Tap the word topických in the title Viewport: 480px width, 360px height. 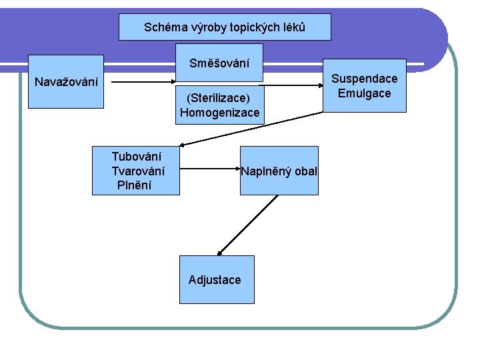(252, 28)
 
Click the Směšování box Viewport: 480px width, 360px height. (219, 63)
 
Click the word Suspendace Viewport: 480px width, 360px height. (364, 79)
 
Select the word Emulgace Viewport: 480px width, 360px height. (364, 93)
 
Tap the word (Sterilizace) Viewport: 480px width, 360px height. (219, 99)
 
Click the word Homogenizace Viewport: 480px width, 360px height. (219, 113)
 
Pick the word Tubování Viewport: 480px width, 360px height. (137, 157)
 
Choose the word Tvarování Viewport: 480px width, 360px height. (138, 171)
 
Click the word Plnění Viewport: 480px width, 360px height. (134, 185)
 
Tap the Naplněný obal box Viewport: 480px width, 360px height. (279, 171)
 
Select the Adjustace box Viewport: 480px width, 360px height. (215, 279)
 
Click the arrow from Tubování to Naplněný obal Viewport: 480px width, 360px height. (210, 170)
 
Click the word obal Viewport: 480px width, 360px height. (305, 171)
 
